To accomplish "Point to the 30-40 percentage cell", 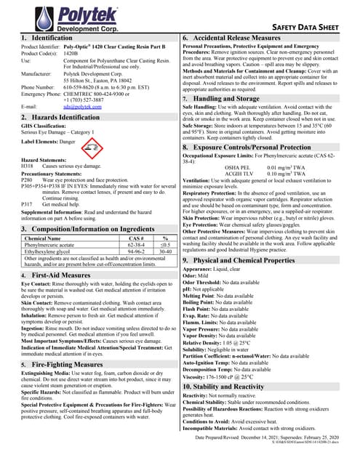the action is [166, 232].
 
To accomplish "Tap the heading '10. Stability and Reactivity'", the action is [239, 389].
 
